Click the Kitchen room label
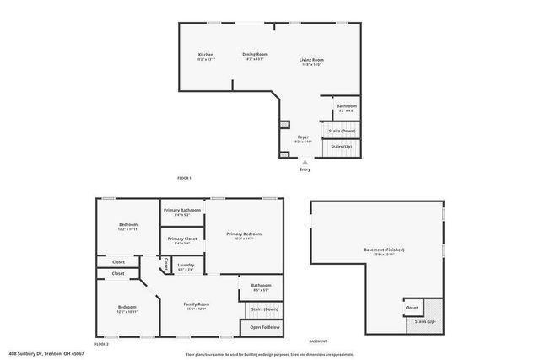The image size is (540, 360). (x=206, y=55)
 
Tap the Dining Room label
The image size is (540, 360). (x=255, y=54)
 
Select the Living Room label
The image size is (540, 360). (x=311, y=59)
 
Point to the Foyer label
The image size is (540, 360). (x=303, y=137)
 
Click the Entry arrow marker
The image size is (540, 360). (x=305, y=162)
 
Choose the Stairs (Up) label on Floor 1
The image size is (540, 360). (x=341, y=146)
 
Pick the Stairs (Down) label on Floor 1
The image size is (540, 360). (x=342, y=131)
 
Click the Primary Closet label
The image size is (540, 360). (x=181, y=239)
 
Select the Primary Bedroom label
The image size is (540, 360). (x=243, y=234)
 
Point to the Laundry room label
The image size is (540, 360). (x=186, y=266)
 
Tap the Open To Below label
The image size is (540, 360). (x=264, y=327)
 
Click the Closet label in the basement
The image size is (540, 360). (x=412, y=308)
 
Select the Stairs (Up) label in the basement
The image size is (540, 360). (x=424, y=321)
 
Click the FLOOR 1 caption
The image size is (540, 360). (x=184, y=178)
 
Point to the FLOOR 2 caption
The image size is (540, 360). (x=102, y=344)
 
